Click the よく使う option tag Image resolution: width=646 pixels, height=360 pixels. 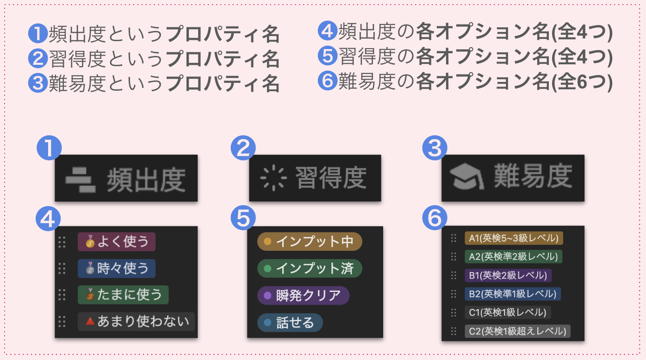tap(117, 242)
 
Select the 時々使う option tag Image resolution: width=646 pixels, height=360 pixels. tap(117, 268)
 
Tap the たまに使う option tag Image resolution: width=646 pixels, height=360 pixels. tap(123, 295)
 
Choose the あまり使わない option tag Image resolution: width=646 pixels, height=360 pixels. tap(136, 321)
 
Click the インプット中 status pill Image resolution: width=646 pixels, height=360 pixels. tap(310, 242)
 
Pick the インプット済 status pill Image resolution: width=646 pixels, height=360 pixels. tap(310, 268)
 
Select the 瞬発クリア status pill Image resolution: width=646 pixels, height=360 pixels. tap(303, 295)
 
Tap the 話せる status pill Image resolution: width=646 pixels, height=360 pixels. tap(290, 322)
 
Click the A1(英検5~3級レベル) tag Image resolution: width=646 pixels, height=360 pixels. tap(514, 238)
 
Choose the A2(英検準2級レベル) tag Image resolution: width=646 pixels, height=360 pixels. tap(514, 257)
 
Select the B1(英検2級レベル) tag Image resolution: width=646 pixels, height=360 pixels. tap(508, 275)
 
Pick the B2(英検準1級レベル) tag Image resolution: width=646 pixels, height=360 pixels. tap(513, 294)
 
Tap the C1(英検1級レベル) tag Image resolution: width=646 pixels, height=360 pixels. tap(508, 312)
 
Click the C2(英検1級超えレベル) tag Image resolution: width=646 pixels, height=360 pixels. tap(517, 331)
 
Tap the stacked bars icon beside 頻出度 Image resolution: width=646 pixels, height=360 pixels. tap(81, 179)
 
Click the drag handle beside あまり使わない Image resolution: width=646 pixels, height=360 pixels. tap(62, 321)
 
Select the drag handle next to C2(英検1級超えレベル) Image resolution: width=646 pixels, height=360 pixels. tap(453, 331)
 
